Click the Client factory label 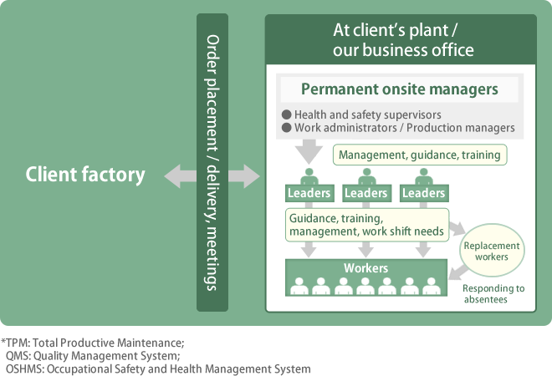(x=85, y=175)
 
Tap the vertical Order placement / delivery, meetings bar (x=212, y=162)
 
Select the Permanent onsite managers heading (x=399, y=89)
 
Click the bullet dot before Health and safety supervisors (x=287, y=114)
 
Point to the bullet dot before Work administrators (x=287, y=127)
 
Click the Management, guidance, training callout (x=420, y=155)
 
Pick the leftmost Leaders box (x=309, y=193)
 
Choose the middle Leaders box (x=366, y=193)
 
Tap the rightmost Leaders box (x=424, y=193)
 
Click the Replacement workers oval (x=492, y=251)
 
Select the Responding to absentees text (x=493, y=293)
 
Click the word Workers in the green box (x=365, y=268)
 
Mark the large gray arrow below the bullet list (x=309, y=151)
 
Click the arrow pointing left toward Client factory (x=181, y=175)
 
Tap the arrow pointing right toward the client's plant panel (x=244, y=175)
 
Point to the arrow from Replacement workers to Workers (x=458, y=272)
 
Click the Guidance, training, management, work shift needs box (x=367, y=225)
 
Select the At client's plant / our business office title (x=403, y=40)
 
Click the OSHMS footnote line (x=158, y=369)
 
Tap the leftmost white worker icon (x=299, y=286)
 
